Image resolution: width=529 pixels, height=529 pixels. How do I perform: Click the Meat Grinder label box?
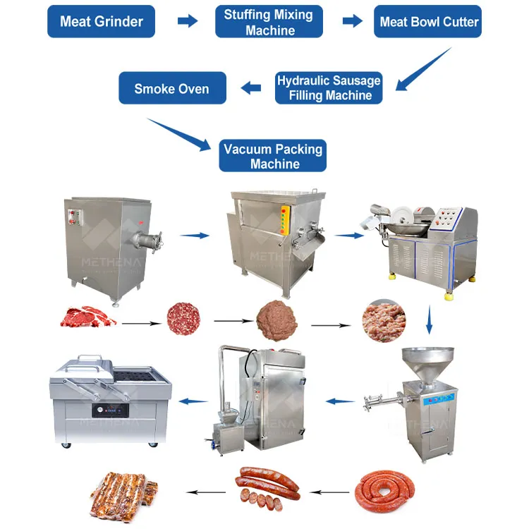pos(100,21)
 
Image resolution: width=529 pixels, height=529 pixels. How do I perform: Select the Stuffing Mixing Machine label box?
pos(269,22)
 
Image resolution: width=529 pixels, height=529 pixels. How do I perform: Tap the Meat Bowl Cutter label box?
pos(428,21)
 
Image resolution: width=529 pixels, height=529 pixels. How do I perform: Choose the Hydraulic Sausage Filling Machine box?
pos(329,88)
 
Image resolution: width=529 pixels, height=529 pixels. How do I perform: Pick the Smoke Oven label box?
pos(171,88)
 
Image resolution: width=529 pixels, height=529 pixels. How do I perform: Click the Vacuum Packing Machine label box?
pos(272,156)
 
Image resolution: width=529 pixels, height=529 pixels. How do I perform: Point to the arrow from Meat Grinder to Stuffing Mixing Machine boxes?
pos(187,21)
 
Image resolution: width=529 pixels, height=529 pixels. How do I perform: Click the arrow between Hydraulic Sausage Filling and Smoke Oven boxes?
pos(251,88)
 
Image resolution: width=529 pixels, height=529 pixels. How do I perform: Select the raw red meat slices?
pos(88,317)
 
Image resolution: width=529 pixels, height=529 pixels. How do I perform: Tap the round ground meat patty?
pos(183,319)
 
